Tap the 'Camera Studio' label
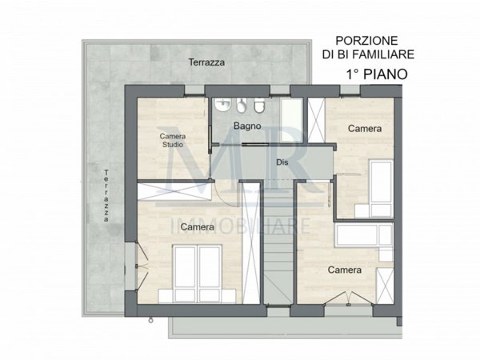pos(172,140)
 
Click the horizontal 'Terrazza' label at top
pos(206,62)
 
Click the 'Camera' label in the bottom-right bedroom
pos(345,270)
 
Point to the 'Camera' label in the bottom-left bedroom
pos(197,227)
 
